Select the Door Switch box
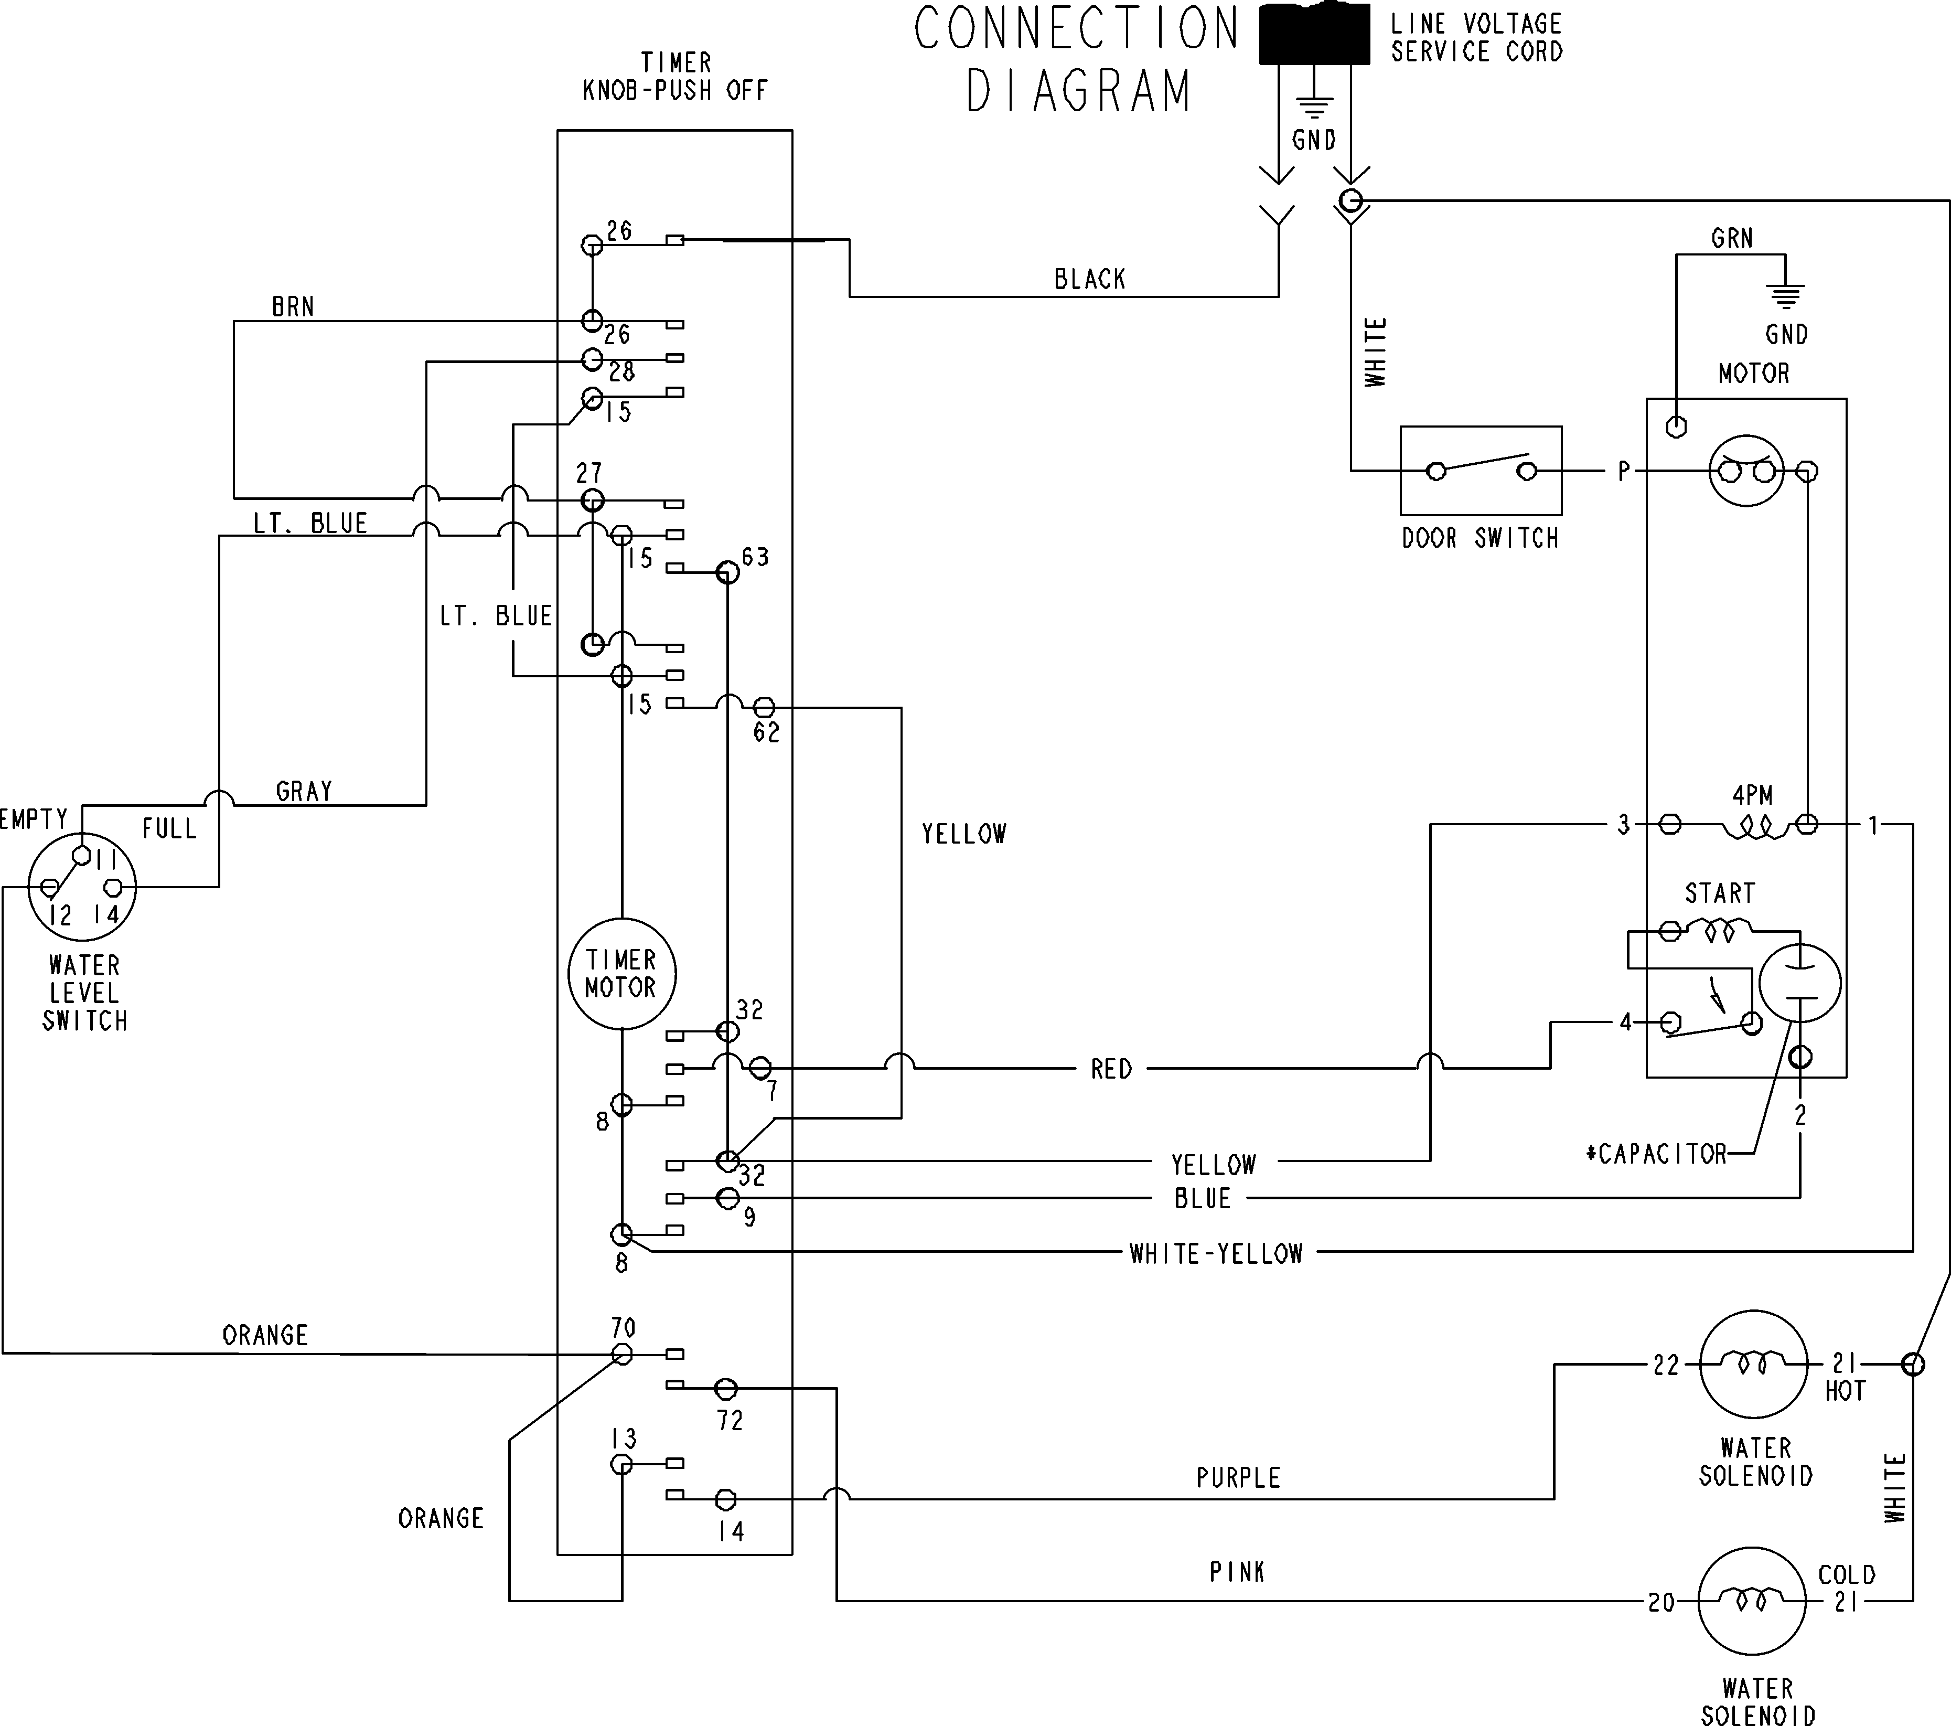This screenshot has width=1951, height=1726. (1481, 471)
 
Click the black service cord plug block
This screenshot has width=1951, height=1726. (1314, 35)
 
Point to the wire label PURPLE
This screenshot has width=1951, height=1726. (1238, 1478)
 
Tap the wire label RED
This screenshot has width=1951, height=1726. (1111, 1069)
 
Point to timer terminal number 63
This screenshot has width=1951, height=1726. (755, 557)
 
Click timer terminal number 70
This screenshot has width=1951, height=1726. (623, 1327)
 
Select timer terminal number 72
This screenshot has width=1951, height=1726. (730, 1421)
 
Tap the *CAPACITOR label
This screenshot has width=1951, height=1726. (1656, 1154)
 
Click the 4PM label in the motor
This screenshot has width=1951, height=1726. (1752, 794)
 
